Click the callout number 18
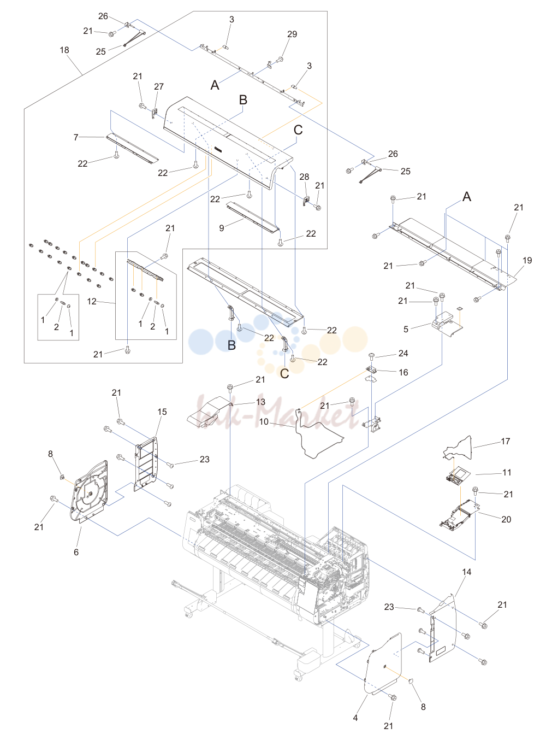[x=64, y=50]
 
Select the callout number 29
[x=292, y=34]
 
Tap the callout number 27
[x=159, y=87]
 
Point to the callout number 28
[x=304, y=177]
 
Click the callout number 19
[x=527, y=260]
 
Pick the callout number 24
[x=403, y=353]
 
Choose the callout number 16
[x=403, y=372]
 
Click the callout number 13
[x=260, y=402]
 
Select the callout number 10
[x=264, y=422]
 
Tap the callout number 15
[x=162, y=412]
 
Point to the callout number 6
[x=76, y=552]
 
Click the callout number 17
[x=505, y=441]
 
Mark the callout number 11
[x=507, y=472]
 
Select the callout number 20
[x=506, y=519]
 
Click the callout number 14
[x=466, y=572]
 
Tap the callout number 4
[x=355, y=718]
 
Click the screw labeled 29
[x=279, y=60]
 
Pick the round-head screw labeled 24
[x=372, y=355]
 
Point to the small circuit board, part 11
[x=455, y=476]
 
